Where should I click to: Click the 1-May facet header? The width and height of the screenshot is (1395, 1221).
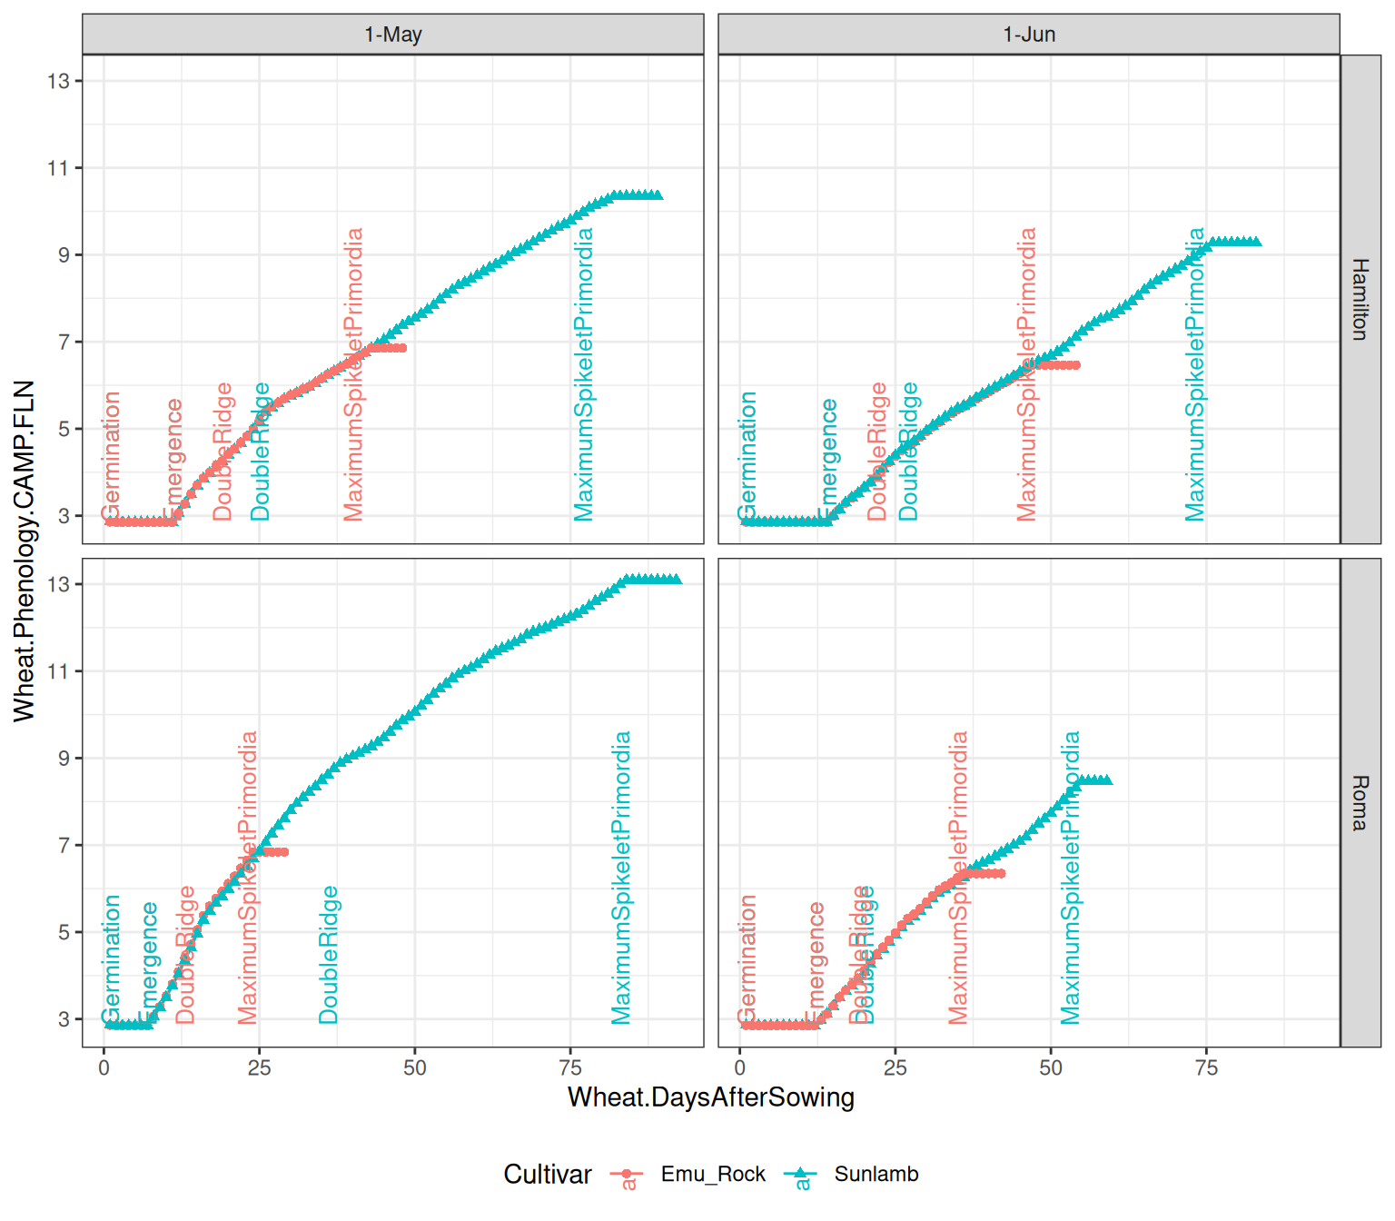tap(392, 35)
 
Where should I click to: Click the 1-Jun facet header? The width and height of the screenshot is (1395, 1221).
tap(1028, 35)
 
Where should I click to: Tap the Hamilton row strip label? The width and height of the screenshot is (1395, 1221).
tap(1360, 299)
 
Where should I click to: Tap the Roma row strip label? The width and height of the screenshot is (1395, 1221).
tap(1360, 802)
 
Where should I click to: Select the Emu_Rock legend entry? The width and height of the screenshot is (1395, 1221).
tap(712, 1174)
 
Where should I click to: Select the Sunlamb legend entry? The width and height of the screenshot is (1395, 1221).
tap(876, 1174)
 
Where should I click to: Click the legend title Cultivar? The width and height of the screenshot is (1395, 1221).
tap(547, 1174)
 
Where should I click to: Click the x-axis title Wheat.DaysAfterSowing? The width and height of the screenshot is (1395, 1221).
tap(710, 1097)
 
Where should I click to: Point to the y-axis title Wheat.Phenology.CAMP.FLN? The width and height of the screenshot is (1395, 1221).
tap(25, 551)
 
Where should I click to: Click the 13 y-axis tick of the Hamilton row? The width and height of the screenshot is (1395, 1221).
tap(58, 81)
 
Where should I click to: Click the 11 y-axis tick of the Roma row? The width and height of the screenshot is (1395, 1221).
tap(58, 671)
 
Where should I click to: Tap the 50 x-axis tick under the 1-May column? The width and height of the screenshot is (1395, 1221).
tap(414, 1067)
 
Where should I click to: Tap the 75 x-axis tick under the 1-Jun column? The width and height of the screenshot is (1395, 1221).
tap(1206, 1067)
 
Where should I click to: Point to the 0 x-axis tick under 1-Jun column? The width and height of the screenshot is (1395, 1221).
tap(740, 1067)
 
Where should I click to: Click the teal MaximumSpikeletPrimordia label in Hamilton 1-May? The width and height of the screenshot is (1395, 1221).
tap(583, 374)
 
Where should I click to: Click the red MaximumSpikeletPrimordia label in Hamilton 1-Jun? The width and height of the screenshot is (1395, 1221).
tap(1026, 374)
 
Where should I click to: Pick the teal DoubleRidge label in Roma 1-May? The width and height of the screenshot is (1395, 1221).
tap(329, 955)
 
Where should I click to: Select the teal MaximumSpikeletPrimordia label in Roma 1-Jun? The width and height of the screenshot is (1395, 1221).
tap(1071, 878)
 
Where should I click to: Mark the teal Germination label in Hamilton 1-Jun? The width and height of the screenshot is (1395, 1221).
tap(747, 456)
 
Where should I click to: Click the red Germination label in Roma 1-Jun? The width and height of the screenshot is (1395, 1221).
tap(747, 959)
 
